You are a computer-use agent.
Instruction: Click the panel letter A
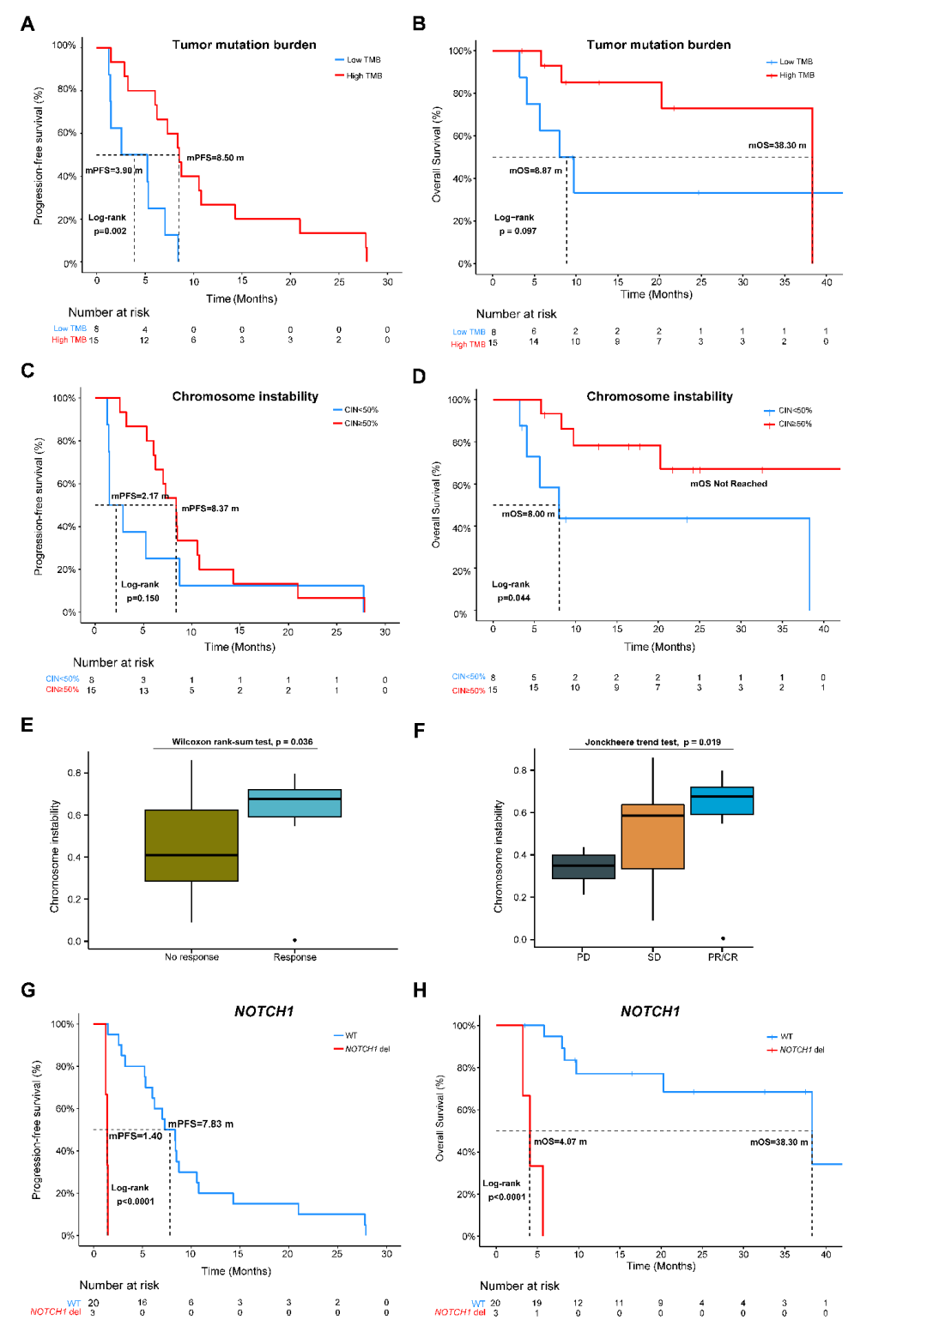click(27, 24)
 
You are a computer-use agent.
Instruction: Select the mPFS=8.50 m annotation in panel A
click(215, 158)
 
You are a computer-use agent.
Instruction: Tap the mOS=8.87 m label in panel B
click(536, 171)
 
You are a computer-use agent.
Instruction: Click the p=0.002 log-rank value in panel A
click(110, 231)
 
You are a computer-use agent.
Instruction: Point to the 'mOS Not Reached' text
click(729, 484)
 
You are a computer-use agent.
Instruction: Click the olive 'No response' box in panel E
click(191, 845)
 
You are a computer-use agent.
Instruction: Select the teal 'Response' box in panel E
click(294, 803)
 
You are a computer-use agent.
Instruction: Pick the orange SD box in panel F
click(652, 836)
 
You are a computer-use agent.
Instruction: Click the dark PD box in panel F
click(584, 866)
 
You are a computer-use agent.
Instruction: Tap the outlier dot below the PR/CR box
click(723, 938)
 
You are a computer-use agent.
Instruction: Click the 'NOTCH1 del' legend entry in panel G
click(367, 1049)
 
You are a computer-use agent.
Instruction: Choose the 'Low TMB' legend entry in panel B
click(795, 62)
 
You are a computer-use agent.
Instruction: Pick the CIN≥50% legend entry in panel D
click(794, 424)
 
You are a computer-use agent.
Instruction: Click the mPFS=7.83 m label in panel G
click(200, 1124)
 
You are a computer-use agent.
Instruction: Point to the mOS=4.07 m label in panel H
click(560, 1142)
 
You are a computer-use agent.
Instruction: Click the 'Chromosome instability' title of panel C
click(245, 396)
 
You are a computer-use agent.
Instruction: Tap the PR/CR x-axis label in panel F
click(723, 957)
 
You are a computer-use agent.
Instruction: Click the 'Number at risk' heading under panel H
click(519, 1286)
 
